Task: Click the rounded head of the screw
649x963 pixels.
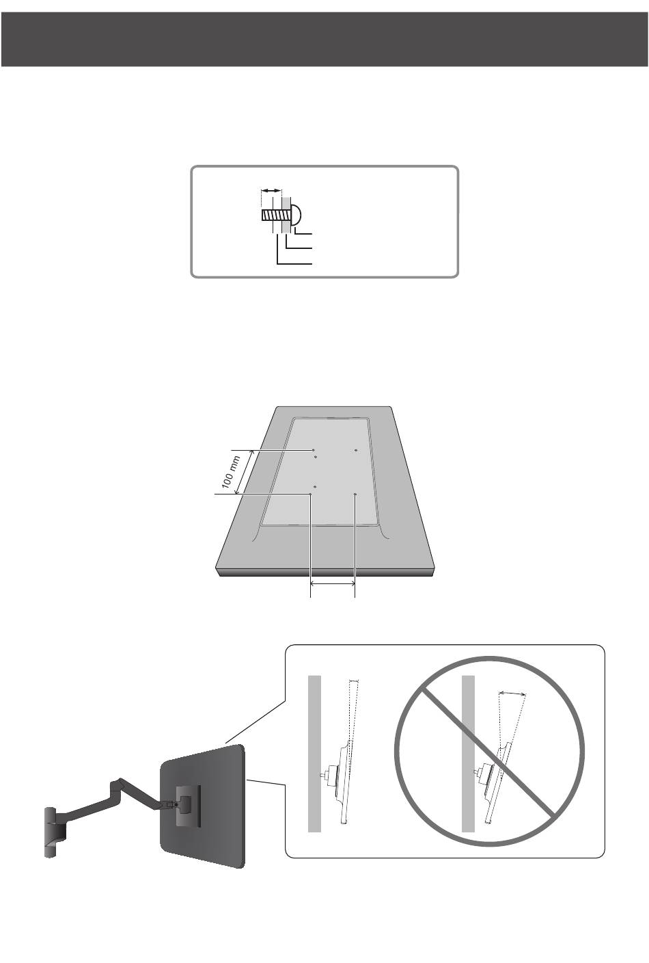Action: click(x=296, y=215)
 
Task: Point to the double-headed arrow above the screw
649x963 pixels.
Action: click(x=271, y=190)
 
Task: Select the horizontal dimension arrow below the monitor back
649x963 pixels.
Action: click(x=333, y=583)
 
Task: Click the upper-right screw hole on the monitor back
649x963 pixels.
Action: click(x=356, y=450)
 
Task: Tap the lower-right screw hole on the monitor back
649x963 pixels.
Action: click(x=355, y=494)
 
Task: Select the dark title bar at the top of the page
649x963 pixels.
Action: click(x=324, y=39)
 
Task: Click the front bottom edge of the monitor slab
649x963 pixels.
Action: click(x=326, y=572)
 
